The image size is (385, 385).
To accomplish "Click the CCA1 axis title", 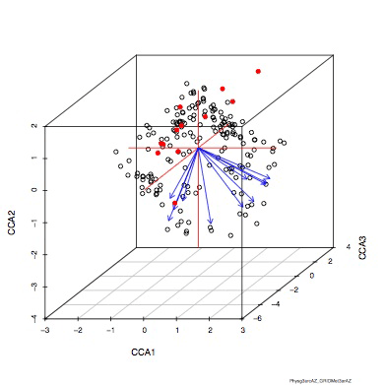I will pyautogui.click(x=145, y=352).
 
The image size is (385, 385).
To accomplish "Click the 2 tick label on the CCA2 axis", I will pyautogui.click(x=34, y=126).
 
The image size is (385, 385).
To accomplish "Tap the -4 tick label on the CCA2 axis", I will pyautogui.click(x=34, y=318).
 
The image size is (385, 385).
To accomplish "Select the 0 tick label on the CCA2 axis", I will pyautogui.click(x=34, y=190).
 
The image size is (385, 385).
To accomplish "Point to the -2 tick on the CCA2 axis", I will pyautogui.click(x=34, y=254).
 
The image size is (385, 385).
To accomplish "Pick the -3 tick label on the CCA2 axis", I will pyautogui.click(x=34, y=287).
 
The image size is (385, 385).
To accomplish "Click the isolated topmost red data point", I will pyautogui.click(x=258, y=71).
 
